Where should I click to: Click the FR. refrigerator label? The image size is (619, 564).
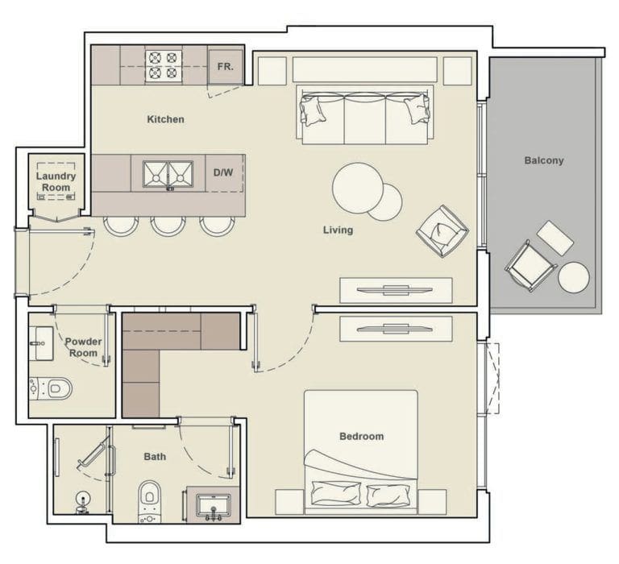coord(225,67)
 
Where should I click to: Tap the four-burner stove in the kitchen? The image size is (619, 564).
coord(164,65)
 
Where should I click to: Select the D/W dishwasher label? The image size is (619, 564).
coord(223,172)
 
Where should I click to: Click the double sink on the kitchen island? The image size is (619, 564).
coord(168,173)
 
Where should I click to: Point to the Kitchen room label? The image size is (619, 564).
coord(165,119)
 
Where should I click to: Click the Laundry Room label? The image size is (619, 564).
coord(56,182)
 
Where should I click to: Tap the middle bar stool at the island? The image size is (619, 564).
coord(168,225)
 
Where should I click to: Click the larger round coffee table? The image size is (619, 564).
coord(357,188)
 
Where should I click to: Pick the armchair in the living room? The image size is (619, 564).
coord(442,231)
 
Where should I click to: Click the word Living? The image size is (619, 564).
coord(338,230)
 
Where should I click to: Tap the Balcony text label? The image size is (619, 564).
coord(544,160)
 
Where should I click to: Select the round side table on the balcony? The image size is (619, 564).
coord(573,277)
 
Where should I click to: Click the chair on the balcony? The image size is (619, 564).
coord(530,265)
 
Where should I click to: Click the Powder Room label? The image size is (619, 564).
coord(83,347)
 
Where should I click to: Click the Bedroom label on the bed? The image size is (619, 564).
coord(361,437)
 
